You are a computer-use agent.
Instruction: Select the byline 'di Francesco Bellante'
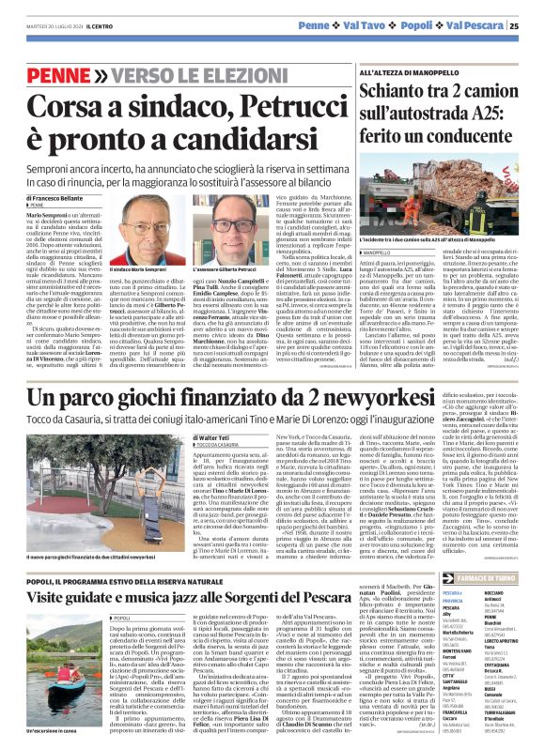coord(55,199)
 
